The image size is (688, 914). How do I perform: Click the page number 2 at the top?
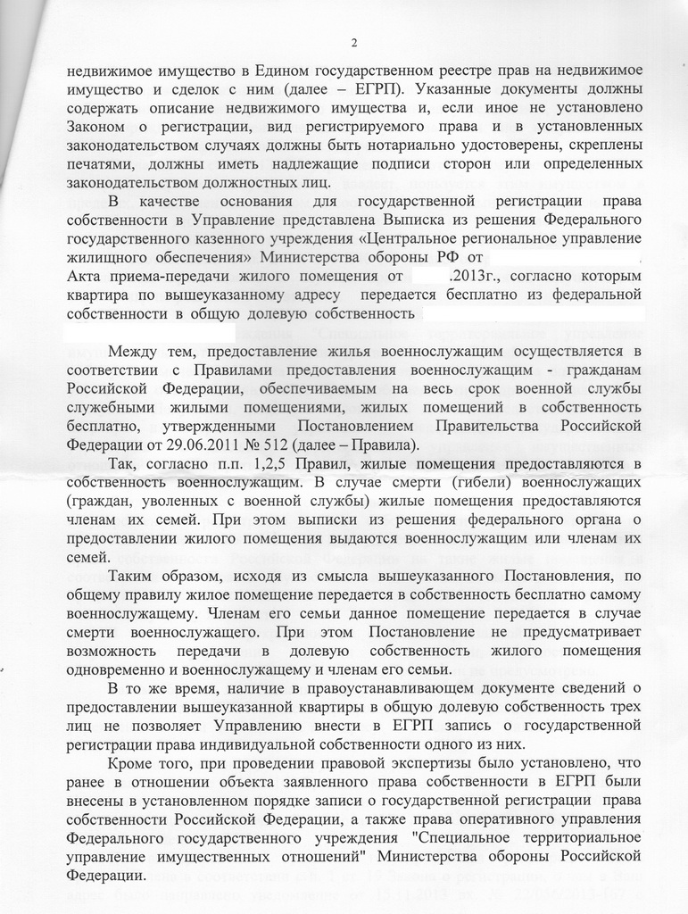click(354, 43)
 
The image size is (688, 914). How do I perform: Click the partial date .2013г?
click(478, 276)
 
